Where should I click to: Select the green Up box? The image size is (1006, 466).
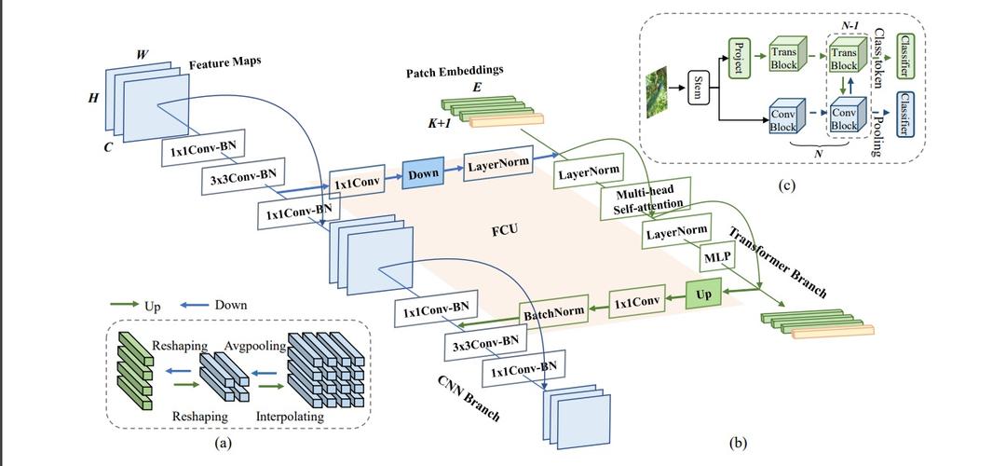click(704, 295)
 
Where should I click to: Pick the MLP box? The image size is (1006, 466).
click(717, 256)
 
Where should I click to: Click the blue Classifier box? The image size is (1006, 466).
click(903, 115)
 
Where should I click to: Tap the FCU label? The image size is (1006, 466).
click(505, 228)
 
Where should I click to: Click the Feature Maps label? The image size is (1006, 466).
click(224, 64)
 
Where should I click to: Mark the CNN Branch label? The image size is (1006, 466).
click(469, 397)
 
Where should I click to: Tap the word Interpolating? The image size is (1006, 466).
click(290, 417)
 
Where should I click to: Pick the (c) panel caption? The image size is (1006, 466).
click(786, 185)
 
